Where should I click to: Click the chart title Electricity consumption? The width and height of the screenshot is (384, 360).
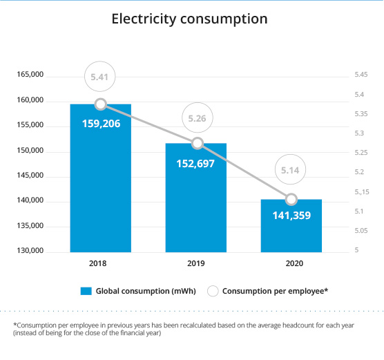[x=189, y=19]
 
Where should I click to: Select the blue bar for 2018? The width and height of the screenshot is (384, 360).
[x=101, y=178]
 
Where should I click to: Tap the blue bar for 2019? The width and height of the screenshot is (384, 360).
[x=196, y=198]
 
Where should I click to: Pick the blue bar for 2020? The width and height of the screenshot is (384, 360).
[x=291, y=226]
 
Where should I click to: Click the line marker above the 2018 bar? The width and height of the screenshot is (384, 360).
[x=101, y=104]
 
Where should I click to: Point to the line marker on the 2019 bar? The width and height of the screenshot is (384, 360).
[x=198, y=143]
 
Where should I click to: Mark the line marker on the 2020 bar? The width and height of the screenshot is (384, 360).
[x=291, y=199]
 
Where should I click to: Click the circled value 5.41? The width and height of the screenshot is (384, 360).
[x=99, y=77]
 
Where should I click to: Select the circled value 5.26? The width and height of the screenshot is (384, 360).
[x=197, y=118]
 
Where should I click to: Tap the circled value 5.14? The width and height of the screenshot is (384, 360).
[x=290, y=170]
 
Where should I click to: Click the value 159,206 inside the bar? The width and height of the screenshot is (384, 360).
[x=101, y=124]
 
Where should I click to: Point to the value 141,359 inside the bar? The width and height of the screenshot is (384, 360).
[x=291, y=216]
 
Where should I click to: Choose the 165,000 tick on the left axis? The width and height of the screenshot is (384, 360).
[x=30, y=75]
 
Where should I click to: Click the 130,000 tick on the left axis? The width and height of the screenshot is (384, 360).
[x=30, y=250]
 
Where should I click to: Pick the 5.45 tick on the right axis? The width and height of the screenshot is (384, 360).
[x=361, y=75]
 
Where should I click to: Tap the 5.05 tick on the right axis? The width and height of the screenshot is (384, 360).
[x=361, y=231]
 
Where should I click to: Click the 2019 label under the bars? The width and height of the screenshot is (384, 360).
[x=196, y=263]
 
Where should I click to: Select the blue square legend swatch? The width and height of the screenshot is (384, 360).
[x=86, y=291]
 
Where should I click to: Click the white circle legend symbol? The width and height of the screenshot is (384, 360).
[x=213, y=291]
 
